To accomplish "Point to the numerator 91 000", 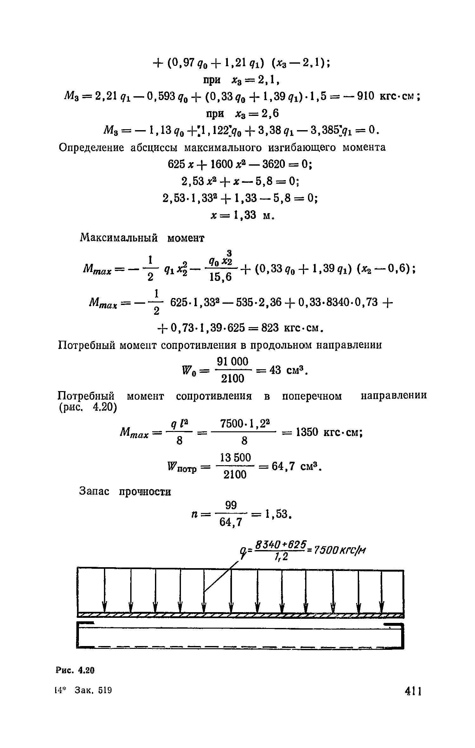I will [x=232, y=362].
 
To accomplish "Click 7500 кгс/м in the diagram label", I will [x=339, y=549].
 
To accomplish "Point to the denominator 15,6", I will [x=221, y=278].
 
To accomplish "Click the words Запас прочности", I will [x=125, y=491].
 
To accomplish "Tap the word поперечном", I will [x=312, y=396].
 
